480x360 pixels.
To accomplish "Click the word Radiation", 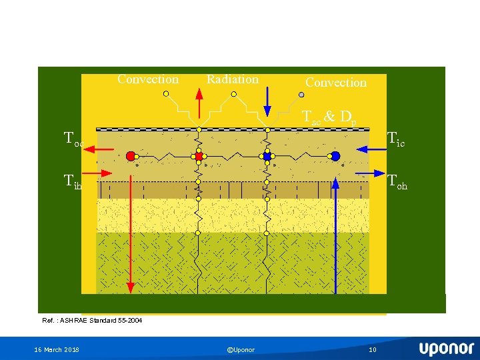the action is pyautogui.click(x=232, y=79).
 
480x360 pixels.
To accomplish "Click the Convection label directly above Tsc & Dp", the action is pyautogui.click(x=336, y=83).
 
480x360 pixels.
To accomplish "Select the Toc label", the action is pyautogui.click(x=73, y=139).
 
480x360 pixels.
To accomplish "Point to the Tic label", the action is pyautogui.click(x=396, y=139).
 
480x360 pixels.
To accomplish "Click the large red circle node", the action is pyautogui.click(x=131, y=156).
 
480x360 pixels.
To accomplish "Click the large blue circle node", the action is pyautogui.click(x=335, y=156).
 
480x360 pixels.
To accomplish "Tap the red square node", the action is pyautogui.click(x=198, y=156).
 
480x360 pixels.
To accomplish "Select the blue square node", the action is pyautogui.click(x=267, y=156).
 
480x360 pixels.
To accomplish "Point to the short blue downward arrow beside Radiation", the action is pyautogui.click(x=267, y=102).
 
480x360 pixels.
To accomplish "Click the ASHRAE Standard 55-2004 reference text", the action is pyautogui.click(x=92, y=321).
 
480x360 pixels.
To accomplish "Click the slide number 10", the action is pyautogui.click(x=373, y=350).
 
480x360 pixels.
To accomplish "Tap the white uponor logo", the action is pyautogui.click(x=446, y=349).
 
